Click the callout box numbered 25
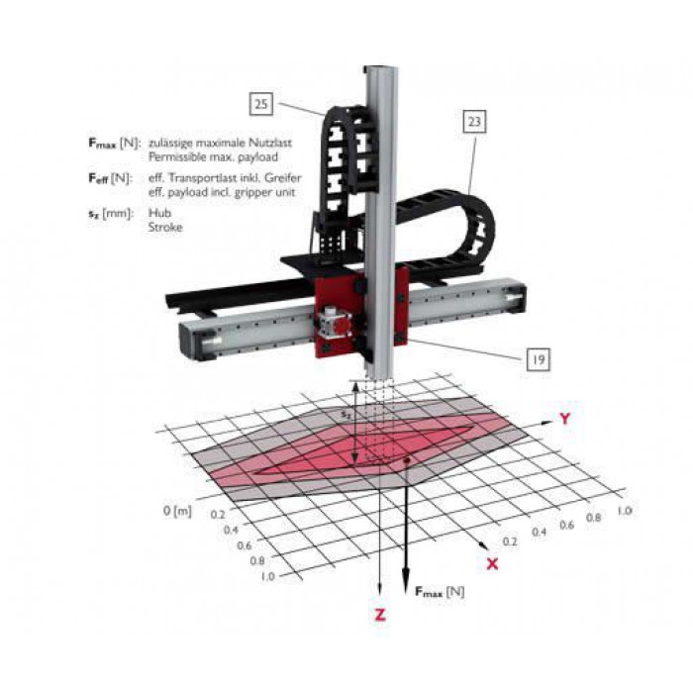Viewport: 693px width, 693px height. [x=260, y=104]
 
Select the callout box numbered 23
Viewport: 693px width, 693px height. [x=474, y=121]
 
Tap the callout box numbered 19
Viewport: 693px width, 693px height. [x=538, y=359]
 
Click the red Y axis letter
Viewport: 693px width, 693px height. [x=565, y=418]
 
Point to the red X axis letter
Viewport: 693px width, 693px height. [x=492, y=563]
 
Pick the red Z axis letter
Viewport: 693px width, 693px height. [x=380, y=615]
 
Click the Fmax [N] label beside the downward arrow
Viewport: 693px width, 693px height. [x=440, y=592]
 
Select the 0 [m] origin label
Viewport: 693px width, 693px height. [x=177, y=511]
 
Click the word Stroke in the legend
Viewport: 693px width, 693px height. [x=165, y=227]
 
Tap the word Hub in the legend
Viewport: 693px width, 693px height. [x=159, y=213]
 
